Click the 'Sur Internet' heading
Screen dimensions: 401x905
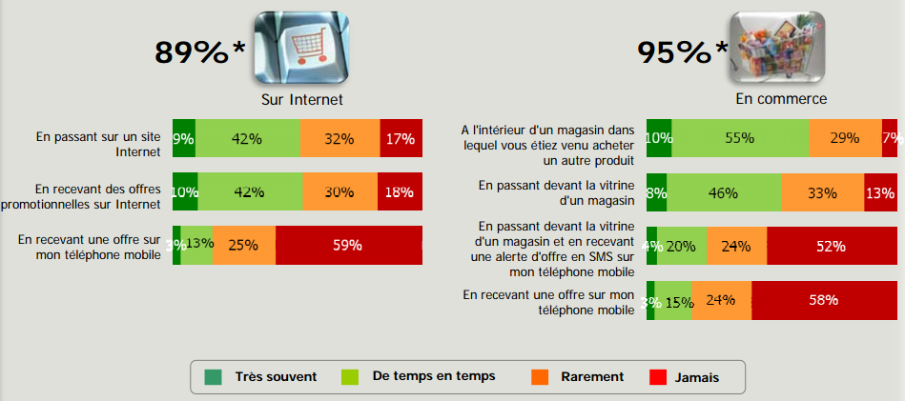tap(302, 98)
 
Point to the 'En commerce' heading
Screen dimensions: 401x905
tap(781, 98)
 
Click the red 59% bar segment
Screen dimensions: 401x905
tap(348, 245)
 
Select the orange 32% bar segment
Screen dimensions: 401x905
tap(339, 138)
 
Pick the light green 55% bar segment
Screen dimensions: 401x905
tap(740, 138)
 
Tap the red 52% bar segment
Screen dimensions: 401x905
tap(832, 246)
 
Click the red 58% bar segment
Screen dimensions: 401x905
tap(824, 300)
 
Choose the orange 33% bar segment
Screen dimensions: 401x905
tap(822, 192)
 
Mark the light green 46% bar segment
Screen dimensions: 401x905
tap(723, 192)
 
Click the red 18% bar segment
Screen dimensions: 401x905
tap(400, 191)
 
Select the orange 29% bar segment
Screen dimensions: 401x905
tap(845, 138)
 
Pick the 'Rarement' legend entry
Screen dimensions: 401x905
tap(592, 376)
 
